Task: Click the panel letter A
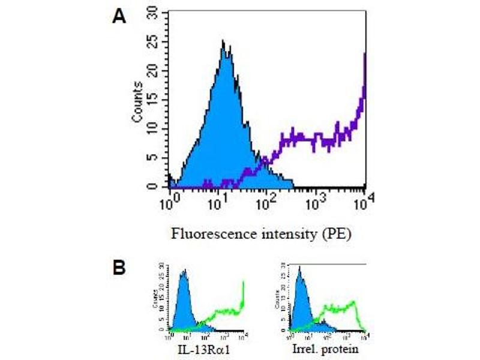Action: (119, 16)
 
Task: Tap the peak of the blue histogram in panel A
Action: (223, 42)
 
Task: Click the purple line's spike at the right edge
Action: (364, 57)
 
